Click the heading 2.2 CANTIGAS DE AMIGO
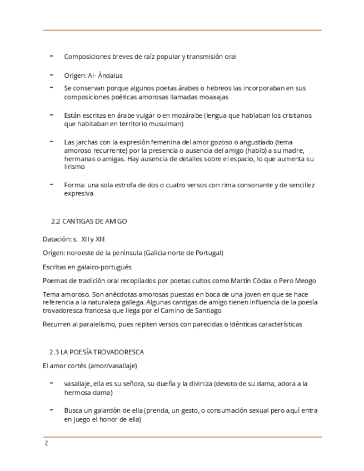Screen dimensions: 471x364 (89, 221)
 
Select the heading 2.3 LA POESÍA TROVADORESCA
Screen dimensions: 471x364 (97, 352)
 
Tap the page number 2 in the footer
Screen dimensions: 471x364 (46, 443)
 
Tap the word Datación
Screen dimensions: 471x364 (57, 239)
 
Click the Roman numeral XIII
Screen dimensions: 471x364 (99, 239)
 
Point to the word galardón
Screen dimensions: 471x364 (99, 411)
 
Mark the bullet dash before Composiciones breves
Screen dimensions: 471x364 (52, 56)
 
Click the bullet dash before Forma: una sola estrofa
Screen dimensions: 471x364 (52, 184)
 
